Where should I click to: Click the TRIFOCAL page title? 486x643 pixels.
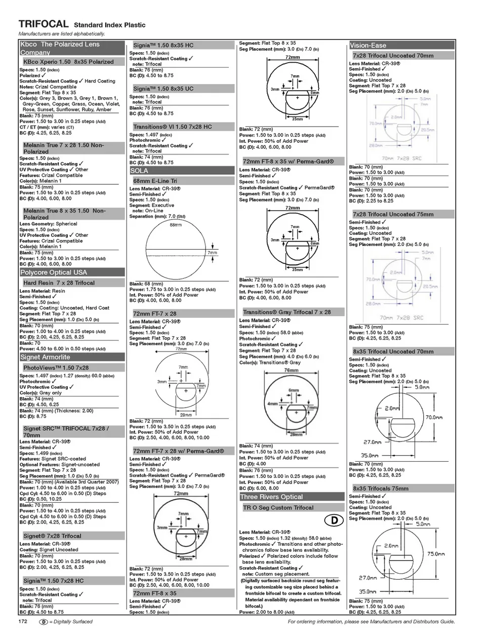point(43,24)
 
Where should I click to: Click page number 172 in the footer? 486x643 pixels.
point(23,621)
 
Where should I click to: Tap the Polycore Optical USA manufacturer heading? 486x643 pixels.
point(54,272)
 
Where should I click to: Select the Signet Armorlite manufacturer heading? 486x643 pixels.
point(45,357)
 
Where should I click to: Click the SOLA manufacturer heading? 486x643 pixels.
point(139,171)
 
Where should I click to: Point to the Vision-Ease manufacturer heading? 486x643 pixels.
point(368,45)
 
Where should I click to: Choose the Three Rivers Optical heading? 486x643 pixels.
point(271,497)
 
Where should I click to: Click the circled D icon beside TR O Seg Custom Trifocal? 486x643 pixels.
point(334,520)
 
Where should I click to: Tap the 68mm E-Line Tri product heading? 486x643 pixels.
point(155,181)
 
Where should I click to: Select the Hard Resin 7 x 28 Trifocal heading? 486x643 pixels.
point(59,283)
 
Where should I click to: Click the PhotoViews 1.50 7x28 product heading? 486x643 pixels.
point(56,368)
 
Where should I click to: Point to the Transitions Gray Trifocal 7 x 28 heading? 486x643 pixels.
point(287,312)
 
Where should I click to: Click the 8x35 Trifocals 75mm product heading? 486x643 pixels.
point(380,489)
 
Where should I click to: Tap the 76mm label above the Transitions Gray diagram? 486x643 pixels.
point(291,371)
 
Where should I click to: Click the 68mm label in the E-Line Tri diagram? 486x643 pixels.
point(176,225)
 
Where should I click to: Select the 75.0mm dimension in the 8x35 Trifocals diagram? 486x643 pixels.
point(436,554)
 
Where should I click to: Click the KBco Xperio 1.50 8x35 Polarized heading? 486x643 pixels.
point(68,62)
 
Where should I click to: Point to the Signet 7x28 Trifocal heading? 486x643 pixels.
point(52,536)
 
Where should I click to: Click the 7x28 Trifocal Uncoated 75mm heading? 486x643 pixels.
point(393,214)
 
